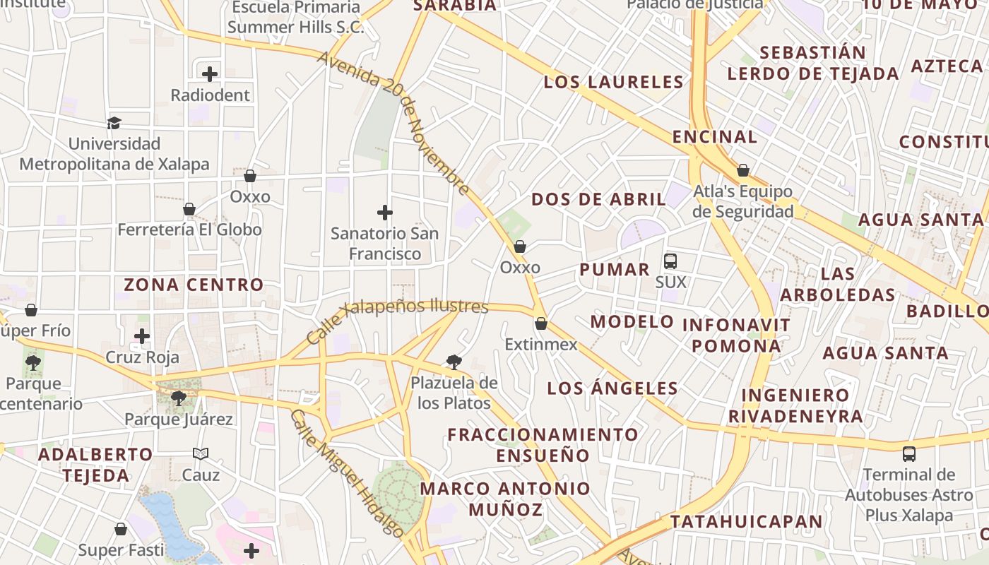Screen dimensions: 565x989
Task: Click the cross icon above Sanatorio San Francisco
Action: tap(385, 212)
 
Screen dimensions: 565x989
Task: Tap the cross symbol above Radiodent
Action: tap(210, 73)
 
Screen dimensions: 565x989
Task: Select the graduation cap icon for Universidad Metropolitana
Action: tap(114, 123)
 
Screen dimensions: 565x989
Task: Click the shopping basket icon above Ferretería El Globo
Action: tap(189, 209)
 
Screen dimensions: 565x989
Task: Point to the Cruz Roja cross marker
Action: tap(142, 336)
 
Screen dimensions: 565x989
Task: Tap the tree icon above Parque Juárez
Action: tap(179, 398)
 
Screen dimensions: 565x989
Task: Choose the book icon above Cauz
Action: tap(201, 453)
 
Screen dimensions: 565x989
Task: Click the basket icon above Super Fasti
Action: tap(121, 529)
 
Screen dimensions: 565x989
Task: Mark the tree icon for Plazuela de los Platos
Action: tap(454, 362)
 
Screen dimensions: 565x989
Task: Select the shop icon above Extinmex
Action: tap(541, 323)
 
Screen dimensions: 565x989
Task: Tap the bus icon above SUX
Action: tap(670, 261)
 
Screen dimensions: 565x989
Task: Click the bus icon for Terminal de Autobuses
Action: tap(909, 453)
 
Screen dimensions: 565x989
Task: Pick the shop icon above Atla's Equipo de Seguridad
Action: tap(743, 170)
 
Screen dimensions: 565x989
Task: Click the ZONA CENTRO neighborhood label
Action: tap(194, 285)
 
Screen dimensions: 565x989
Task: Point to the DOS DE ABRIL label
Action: tap(598, 199)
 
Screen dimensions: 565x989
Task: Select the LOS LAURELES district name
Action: tap(613, 82)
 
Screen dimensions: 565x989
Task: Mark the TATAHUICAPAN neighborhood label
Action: tap(746, 522)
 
